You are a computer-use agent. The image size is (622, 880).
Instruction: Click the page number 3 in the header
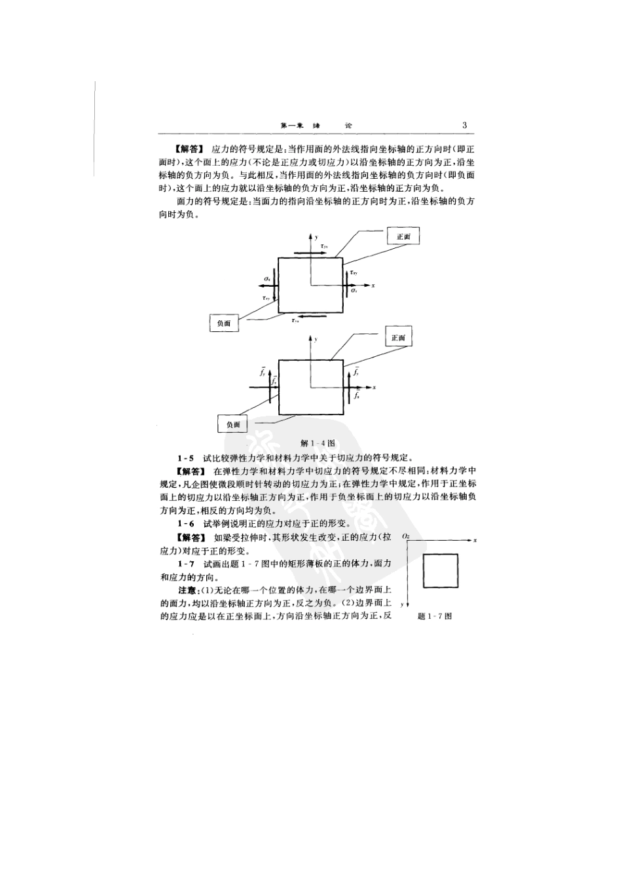(464, 126)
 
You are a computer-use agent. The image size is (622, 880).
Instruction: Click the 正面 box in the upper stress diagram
(403, 236)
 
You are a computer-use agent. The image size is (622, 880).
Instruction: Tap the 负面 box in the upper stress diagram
(224, 323)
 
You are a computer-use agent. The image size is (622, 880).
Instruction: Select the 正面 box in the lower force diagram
(398, 338)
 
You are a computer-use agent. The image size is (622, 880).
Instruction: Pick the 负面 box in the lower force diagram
(233, 424)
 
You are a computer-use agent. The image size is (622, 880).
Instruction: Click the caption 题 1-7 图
(435, 616)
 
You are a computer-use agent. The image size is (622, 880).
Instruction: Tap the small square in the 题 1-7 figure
(440, 570)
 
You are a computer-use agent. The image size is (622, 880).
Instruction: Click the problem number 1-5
(185, 458)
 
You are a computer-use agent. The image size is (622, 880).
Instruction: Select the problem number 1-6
(185, 524)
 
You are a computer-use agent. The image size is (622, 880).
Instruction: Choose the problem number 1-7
(185, 564)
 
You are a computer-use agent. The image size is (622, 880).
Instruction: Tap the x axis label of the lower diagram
(374, 388)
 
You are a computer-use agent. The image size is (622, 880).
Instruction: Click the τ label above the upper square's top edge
(325, 246)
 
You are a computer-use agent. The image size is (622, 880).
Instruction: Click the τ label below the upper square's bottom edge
(296, 321)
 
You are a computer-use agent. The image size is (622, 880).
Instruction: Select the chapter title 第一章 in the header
(289, 126)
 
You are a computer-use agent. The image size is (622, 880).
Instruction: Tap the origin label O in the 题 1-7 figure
(406, 536)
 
